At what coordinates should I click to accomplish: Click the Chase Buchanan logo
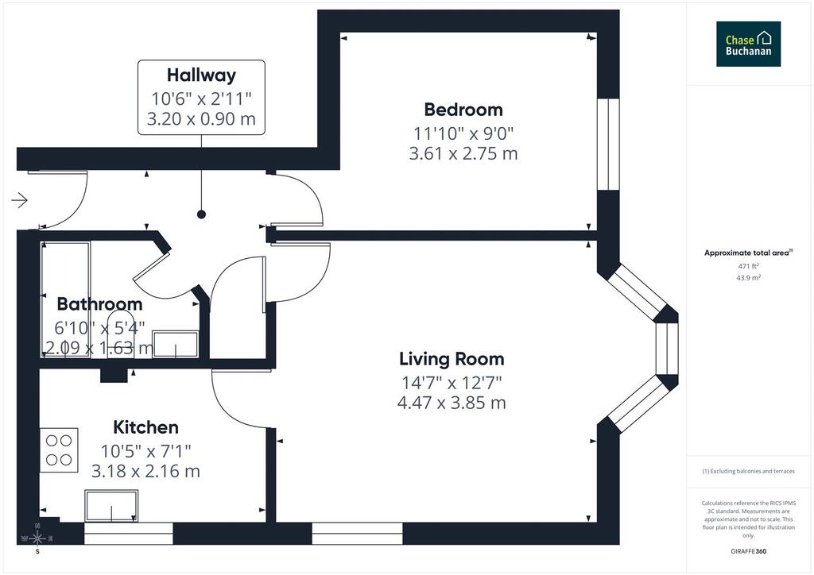tap(748, 44)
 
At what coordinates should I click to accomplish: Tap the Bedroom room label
tap(463, 110)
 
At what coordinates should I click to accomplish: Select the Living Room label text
tap(452, 359)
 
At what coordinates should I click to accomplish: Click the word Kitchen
tap(146, 427)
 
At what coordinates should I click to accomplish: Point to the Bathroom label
tap(99, 304)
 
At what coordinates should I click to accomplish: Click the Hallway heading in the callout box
tap(201, 75)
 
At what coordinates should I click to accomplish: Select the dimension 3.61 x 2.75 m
tap(463, 153)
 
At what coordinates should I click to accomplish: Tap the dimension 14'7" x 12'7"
tap(452, 383)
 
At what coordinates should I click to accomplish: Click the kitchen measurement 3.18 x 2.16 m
tap(146, 471)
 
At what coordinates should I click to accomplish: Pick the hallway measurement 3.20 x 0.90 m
tap(201, 119)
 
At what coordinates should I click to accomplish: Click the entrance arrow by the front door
tap(20, 200)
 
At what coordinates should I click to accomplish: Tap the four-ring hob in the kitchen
tap(59, 450)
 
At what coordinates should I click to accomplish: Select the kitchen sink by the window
tap(111, 506)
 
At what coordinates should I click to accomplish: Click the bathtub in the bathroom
tap(65, 299)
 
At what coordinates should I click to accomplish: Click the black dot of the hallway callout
tap(201, 214)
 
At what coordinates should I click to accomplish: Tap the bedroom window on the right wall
tap(608, 145)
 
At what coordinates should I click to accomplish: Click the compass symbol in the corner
tap(37, 538)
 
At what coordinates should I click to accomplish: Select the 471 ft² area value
tap(749, 267)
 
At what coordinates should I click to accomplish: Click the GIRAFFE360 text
tap(748, 551)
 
